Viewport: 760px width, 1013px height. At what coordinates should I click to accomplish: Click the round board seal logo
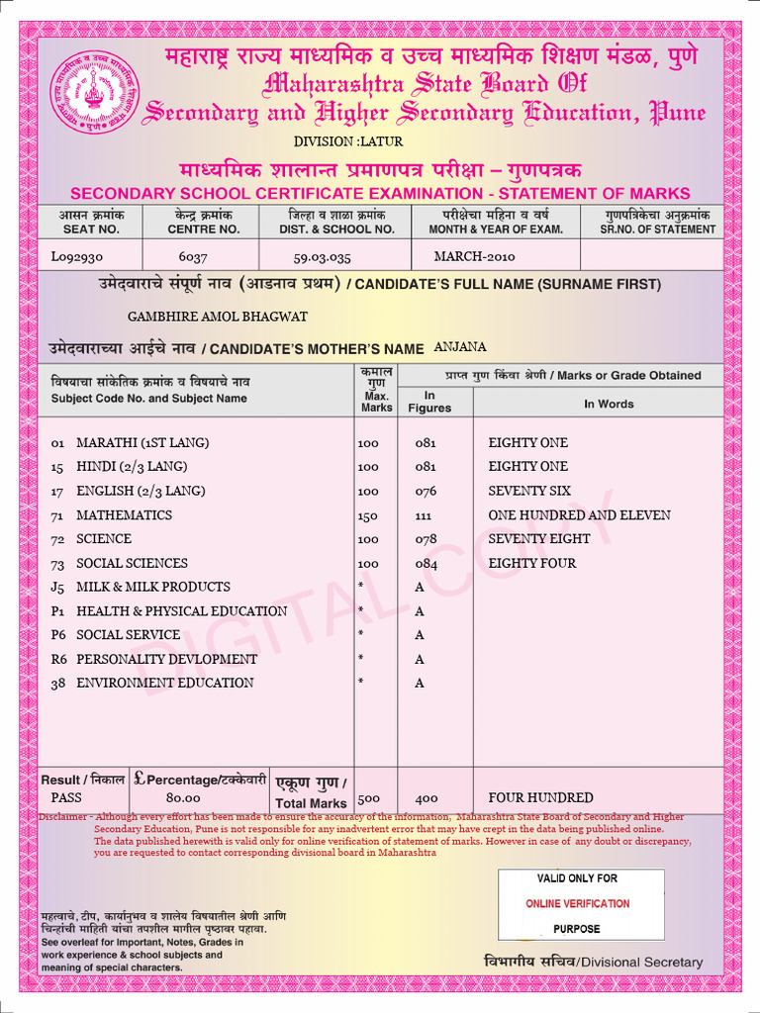pos(95,95)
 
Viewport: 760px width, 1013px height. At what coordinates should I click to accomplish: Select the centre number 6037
pos(193,256)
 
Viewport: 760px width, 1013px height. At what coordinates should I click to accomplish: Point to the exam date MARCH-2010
pos(474,256)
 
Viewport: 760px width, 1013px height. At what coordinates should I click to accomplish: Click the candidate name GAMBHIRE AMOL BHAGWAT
pos(218,317)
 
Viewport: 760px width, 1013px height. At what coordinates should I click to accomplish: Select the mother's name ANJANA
pos(460,347)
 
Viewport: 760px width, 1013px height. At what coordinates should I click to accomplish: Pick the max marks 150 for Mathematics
pos(368,515)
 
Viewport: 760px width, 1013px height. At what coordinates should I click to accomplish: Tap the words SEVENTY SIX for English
pos(529,491)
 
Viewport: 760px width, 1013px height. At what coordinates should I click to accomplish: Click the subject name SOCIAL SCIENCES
pos(132,563)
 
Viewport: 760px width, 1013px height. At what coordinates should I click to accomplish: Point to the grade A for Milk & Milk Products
pos(420,588)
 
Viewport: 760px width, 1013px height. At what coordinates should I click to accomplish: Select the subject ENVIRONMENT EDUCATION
pos(164,683)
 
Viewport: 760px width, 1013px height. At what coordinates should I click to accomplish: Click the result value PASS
pos(67,797)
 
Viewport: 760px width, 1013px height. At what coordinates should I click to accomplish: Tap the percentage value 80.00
pos(183,797)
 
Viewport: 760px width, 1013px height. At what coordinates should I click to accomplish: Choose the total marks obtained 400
pos(427,797)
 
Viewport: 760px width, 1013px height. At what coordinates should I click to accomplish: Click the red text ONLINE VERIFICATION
pos(577,903)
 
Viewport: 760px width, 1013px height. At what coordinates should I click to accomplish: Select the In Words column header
pos(609,404)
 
